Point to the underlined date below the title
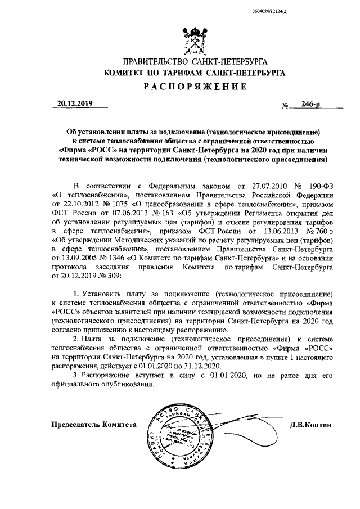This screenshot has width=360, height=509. tap(75, 104)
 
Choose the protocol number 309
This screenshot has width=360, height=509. tap(121, 282)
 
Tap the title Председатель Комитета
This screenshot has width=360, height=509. tap(94, 425)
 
